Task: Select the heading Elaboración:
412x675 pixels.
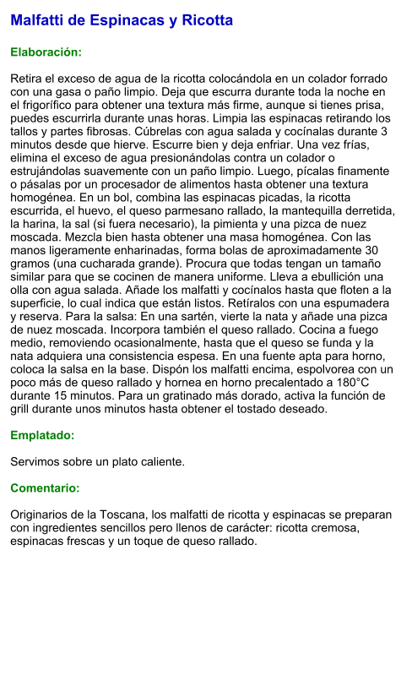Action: (x=46, y=52)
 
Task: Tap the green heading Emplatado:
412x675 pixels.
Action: (x=42, y=436)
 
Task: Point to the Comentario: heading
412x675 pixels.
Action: (x=45, y=488)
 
